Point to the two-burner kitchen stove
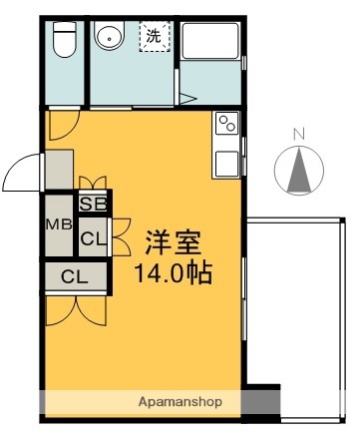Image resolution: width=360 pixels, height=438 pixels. [x=226, y=126]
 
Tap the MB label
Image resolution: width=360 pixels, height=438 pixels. [x=57, y=224]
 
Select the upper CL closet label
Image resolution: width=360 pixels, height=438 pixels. [x=94, y=238]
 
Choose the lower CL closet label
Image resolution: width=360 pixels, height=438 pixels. [x=74, y=275]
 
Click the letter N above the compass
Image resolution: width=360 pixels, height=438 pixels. [x=298, y=133]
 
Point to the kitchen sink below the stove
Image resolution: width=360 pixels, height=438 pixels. [x=226, y=162]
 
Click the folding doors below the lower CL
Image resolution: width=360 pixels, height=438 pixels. [x=70, y=307]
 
